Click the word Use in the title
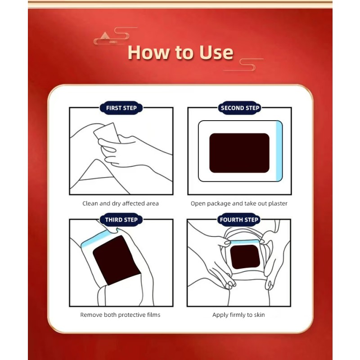216,53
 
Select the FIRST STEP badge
121,108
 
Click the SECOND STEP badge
240,108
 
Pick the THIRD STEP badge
121,220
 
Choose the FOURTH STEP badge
239,220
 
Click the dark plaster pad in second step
239,153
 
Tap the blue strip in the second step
279,151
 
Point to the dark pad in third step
117,260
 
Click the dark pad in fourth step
245,256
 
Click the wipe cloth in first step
107,133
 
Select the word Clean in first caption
90,203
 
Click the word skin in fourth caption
259,315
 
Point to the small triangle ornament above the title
105,36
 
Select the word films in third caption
154,315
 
